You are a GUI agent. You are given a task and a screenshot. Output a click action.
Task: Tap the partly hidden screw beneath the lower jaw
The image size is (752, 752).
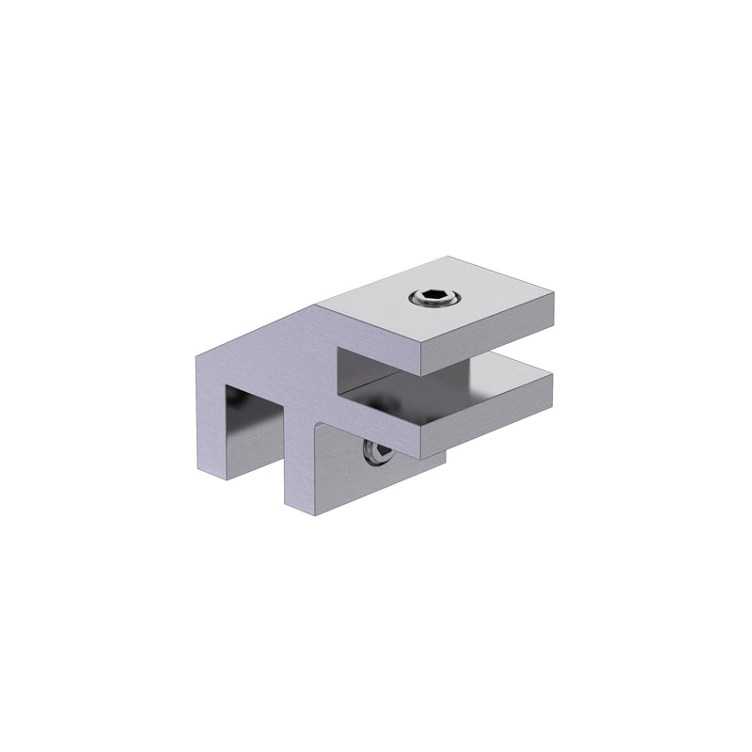click(x=373, y=454)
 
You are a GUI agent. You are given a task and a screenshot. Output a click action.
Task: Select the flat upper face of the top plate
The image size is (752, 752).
click(x=470, y=301)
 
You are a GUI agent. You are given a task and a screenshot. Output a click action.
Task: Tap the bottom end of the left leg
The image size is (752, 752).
click(x=211, y=474)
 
